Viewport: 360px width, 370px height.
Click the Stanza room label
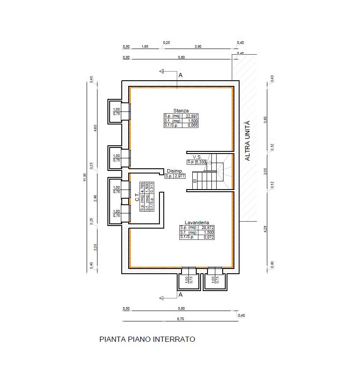(x=181, y=111)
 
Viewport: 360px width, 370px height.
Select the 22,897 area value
(x=191, y=116)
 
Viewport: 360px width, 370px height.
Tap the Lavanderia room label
(x=197, y=222)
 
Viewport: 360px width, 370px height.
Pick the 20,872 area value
(x=208, y=227)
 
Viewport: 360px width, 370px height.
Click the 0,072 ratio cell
(x=209, y=237)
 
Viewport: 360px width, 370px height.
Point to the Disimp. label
(x=175, y=171)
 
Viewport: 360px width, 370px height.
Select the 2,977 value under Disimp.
(x=179, y=176)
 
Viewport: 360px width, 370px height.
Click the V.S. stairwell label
(x=197, y=157)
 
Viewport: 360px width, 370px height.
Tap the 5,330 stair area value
(x=201, y=162)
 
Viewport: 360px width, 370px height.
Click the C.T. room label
(x=137, y=196)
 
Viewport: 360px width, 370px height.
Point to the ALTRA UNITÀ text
(x=247, y=141)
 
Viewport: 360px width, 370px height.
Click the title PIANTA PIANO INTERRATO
(x=147, y=339)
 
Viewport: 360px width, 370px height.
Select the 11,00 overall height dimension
(x=84, y=177)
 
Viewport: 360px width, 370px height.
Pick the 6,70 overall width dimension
(x=180, y=319)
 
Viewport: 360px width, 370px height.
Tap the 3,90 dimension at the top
(x=198, y=46)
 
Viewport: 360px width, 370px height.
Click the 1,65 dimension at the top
(x=145, y=46)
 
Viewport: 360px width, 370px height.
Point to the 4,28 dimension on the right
(x=265, y=229)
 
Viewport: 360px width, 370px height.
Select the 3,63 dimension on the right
(x=265, y=120)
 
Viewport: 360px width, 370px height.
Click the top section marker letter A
(x=181, y=75)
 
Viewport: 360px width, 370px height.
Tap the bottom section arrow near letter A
(x=168, y=298)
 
